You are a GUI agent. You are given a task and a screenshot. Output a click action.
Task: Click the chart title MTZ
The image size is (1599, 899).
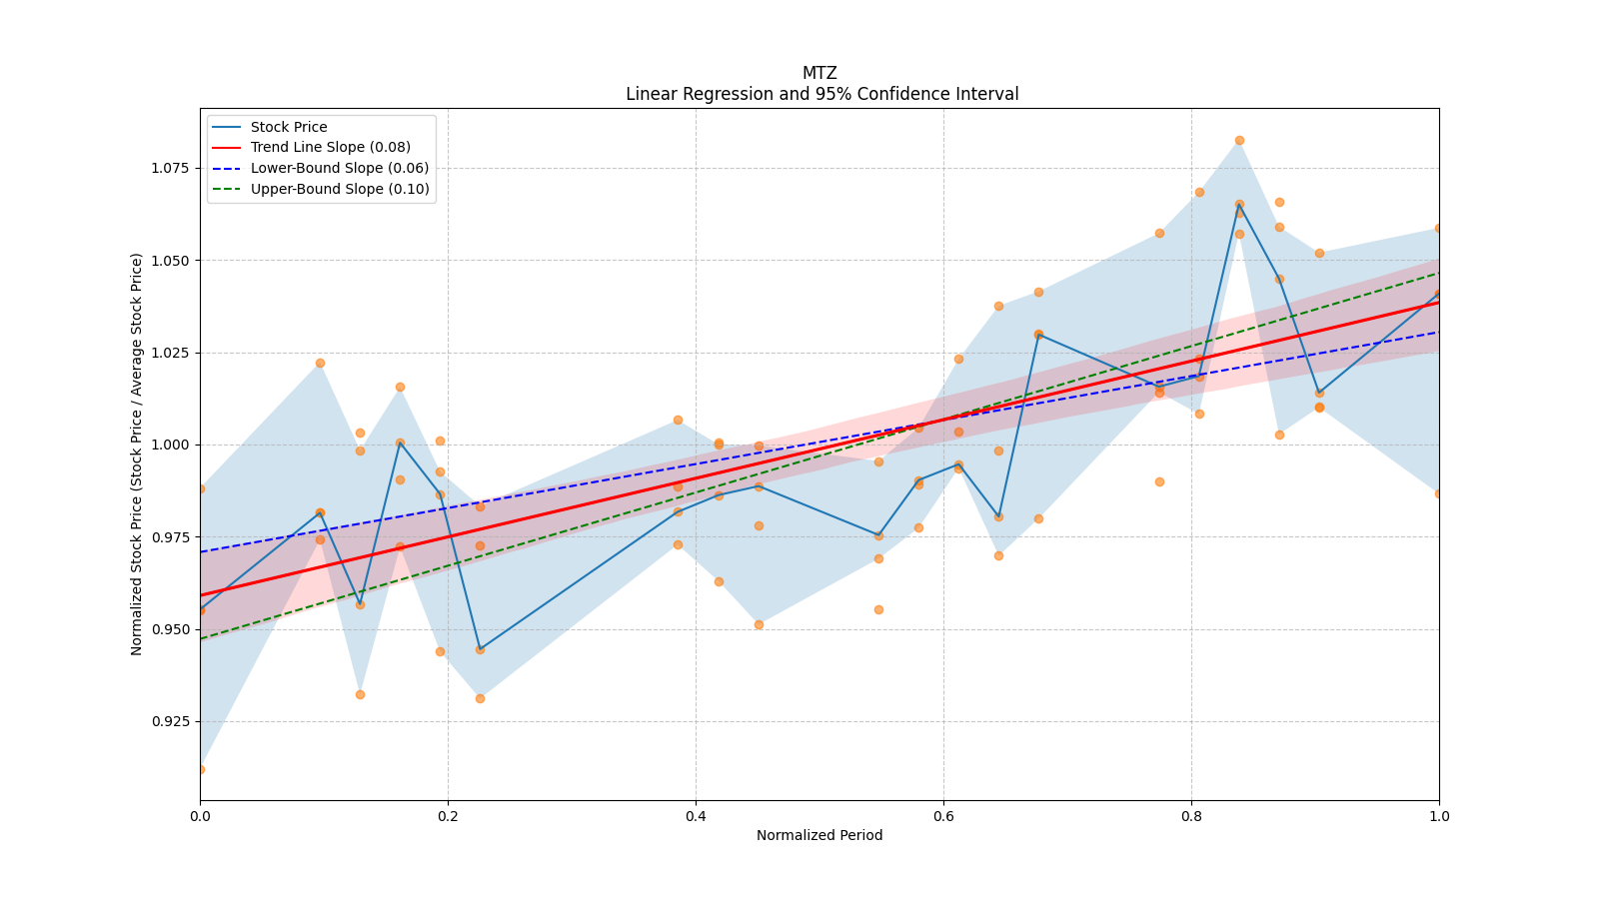tap(819, 73)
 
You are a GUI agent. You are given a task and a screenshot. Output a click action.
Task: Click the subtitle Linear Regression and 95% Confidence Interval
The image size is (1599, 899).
tap(821, 94)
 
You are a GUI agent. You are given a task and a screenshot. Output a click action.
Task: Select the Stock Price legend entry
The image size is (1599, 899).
tap(289, 127)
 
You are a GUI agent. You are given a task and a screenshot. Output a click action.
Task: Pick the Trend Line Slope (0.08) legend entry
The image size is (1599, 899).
tap(330, 148)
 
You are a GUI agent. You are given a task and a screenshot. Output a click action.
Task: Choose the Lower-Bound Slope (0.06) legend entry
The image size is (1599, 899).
tap(339, 168)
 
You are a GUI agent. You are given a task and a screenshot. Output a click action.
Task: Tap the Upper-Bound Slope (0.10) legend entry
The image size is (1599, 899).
tap(340, 189)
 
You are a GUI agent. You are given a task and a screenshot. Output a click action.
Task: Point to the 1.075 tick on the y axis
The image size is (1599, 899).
tap(171, 168)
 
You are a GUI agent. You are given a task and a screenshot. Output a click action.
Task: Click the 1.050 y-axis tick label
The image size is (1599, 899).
tap(171, 260)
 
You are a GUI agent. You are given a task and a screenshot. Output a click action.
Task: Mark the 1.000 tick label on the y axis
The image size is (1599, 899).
tap(171, 445)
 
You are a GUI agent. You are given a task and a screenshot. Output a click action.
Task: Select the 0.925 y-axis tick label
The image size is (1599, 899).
tap(171, 721)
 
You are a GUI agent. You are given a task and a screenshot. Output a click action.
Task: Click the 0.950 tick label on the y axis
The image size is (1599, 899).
tap(171, 629)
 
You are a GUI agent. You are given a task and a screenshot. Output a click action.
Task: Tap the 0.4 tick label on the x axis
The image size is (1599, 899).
tap(696, 816)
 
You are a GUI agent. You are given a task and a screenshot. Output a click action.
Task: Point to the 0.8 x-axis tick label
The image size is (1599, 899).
tap(1191, 816)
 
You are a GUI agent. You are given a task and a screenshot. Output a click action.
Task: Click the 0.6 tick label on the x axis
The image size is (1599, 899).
tap(943, 816)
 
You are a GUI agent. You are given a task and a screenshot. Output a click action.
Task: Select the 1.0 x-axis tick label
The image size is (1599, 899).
tap(1439, 816)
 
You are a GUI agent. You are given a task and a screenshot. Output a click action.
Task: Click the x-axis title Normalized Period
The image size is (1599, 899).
tap(819, 835)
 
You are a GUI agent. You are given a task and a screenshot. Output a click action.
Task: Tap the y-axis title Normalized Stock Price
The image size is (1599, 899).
tap(137, 453)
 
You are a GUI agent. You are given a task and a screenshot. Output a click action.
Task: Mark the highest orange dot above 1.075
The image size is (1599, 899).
tap(1239, 141)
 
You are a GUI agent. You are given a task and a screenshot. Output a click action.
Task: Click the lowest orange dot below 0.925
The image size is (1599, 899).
tap(201, 769)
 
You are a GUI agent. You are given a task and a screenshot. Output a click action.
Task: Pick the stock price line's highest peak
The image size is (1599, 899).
tap(1239, 204)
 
